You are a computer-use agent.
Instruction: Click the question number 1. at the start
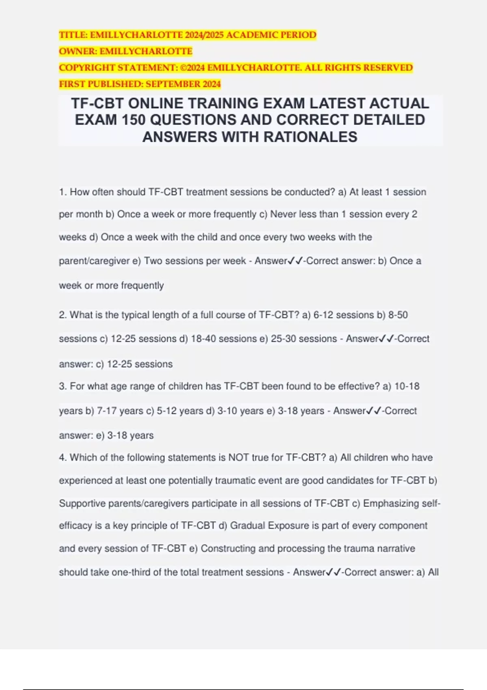click(x=63, y=192)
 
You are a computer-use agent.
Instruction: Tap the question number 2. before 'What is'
click(x=63, y=315)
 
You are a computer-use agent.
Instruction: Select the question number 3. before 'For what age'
click(x=63, y=386)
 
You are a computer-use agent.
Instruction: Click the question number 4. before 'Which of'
click(x=63, y=457)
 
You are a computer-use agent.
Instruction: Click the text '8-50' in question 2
click(x=398, y=315)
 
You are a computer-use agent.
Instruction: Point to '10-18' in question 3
click(x=407, y=386)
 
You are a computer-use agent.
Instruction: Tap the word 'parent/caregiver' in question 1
click(x=94, y=261)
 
